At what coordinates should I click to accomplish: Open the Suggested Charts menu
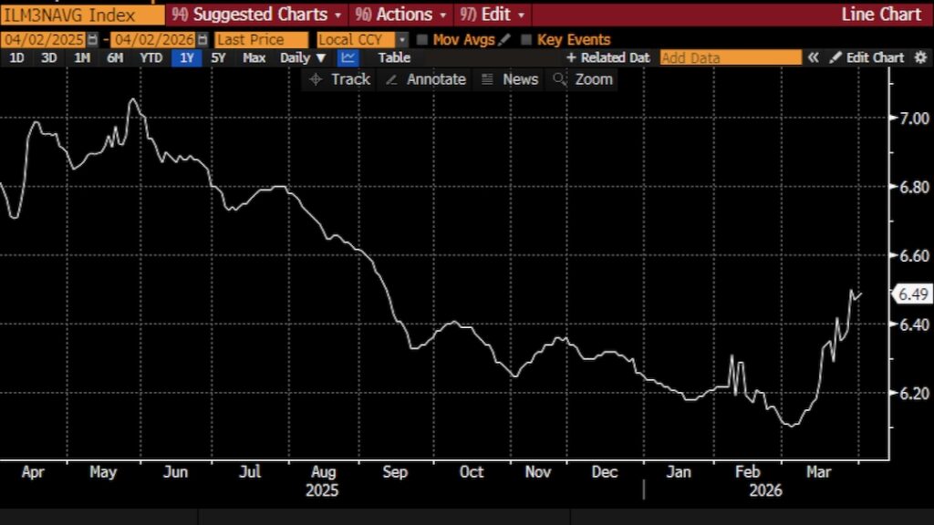click(256, 15)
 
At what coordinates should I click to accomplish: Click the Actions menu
click(401, 15)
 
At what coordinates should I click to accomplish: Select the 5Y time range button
click(218, 57)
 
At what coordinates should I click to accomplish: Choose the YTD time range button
click(151, 57)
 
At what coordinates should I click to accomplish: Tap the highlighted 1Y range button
click(186, 57)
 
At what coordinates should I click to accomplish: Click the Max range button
click(254, 57)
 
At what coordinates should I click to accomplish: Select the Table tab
click(394, 57)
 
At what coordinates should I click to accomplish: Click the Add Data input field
click(730, 57)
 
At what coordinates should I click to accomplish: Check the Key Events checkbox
click(526, 40)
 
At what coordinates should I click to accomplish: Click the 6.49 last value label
click(912, 293)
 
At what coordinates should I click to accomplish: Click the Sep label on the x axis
click(395, 472)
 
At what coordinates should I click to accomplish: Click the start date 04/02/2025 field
click(44, 40)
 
